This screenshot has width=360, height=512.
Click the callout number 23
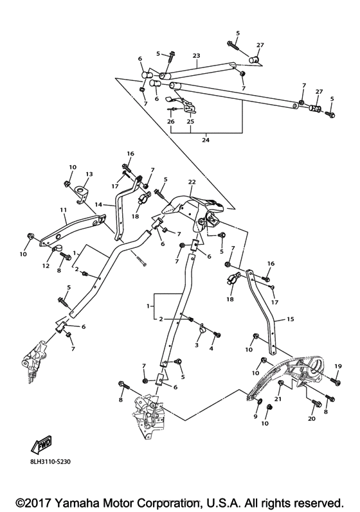tap(196, 55)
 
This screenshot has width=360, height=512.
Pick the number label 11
tap(63, 210)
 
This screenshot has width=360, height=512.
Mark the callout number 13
tap(89, 174)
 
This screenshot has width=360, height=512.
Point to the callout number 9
tap(255, 417)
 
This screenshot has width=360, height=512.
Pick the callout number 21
tap(279, 400)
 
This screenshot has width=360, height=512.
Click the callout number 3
tap(196, 346)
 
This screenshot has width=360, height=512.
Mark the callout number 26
tap(171, 121)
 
